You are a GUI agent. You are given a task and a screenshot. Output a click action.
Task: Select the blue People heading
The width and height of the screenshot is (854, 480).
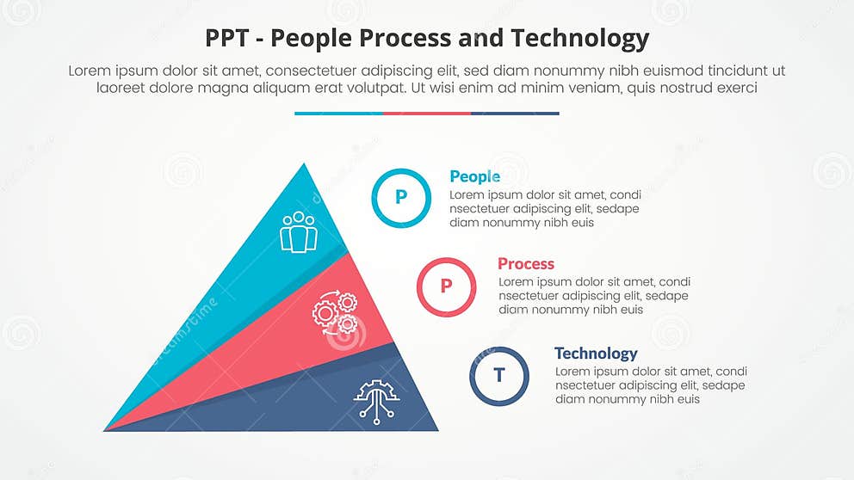[474, 176]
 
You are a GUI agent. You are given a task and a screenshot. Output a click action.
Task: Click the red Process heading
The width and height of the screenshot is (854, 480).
[525, 264]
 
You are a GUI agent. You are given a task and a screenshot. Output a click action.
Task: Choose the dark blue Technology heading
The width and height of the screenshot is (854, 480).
[596, 354]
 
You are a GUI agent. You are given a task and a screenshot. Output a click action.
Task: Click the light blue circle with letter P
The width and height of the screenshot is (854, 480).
[400, 198]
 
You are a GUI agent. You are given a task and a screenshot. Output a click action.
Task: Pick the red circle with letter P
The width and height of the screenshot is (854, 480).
[446, 286]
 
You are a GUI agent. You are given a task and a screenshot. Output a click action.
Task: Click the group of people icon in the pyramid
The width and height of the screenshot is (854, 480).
[299, 232]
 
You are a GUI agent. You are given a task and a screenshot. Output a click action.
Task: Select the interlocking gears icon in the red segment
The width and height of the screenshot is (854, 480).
[335, 313]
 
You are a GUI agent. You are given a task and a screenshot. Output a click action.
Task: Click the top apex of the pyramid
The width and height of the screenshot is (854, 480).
[303, 164]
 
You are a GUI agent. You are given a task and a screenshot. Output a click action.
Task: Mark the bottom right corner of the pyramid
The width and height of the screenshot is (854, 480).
[436, 429]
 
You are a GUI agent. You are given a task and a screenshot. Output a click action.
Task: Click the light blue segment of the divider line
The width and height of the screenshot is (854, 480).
[338, 113]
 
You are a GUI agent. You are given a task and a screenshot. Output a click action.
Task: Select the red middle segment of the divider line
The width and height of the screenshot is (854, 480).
[427, 113]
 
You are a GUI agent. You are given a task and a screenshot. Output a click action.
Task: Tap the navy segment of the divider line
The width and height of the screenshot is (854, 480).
[515, 113]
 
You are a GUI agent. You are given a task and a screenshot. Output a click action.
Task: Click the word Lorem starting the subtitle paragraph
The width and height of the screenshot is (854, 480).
[90, 71]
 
